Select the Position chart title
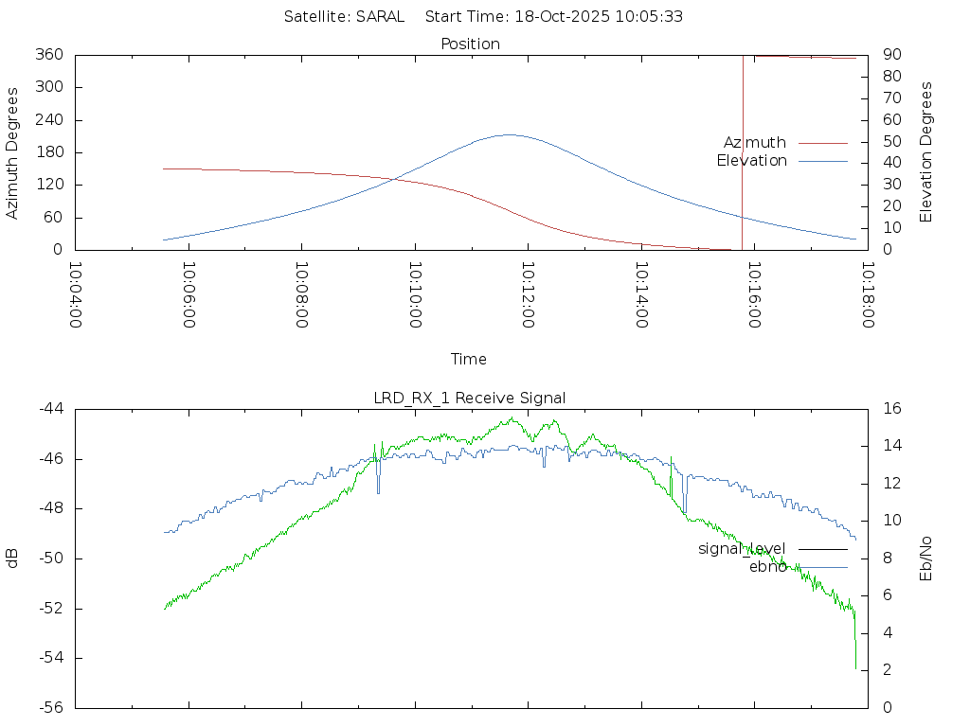pos(471,44)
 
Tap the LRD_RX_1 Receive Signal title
pos(470,398)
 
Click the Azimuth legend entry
pos(755,142)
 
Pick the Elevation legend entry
pos(751,161)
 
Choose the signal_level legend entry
pos(742,548)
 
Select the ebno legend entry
pos(767,567)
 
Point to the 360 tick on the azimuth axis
pos(47,55)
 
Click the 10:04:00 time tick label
pos(76,294)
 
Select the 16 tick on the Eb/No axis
pos(891,409)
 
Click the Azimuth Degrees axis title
pos(13,152)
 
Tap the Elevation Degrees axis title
pos(926,151)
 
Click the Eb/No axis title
pos(926,558)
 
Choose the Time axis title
pos(469,359)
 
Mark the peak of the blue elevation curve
pos(510,134)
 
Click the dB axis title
pos(13,558)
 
